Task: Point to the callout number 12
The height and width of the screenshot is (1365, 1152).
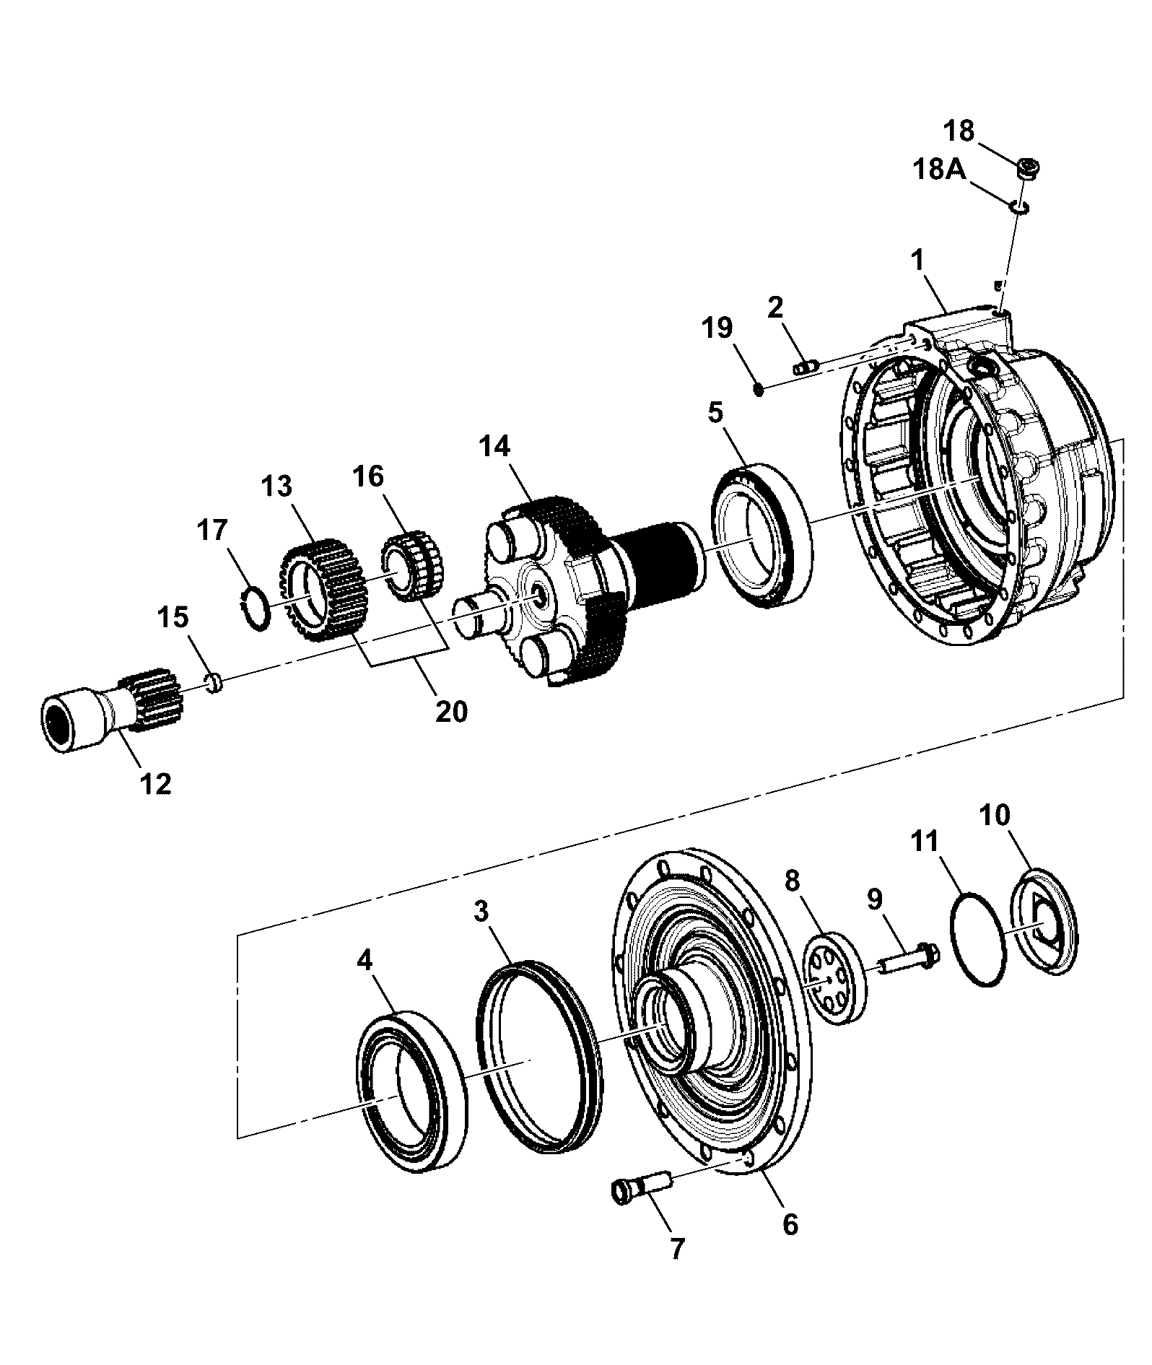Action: pyautogui.click(x=157, y=783)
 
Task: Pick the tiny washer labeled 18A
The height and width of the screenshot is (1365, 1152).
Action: pyautogui.click(x=1019, y=208)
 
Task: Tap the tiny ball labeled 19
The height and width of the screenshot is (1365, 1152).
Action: pyautogui.click(x=758, y=389)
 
